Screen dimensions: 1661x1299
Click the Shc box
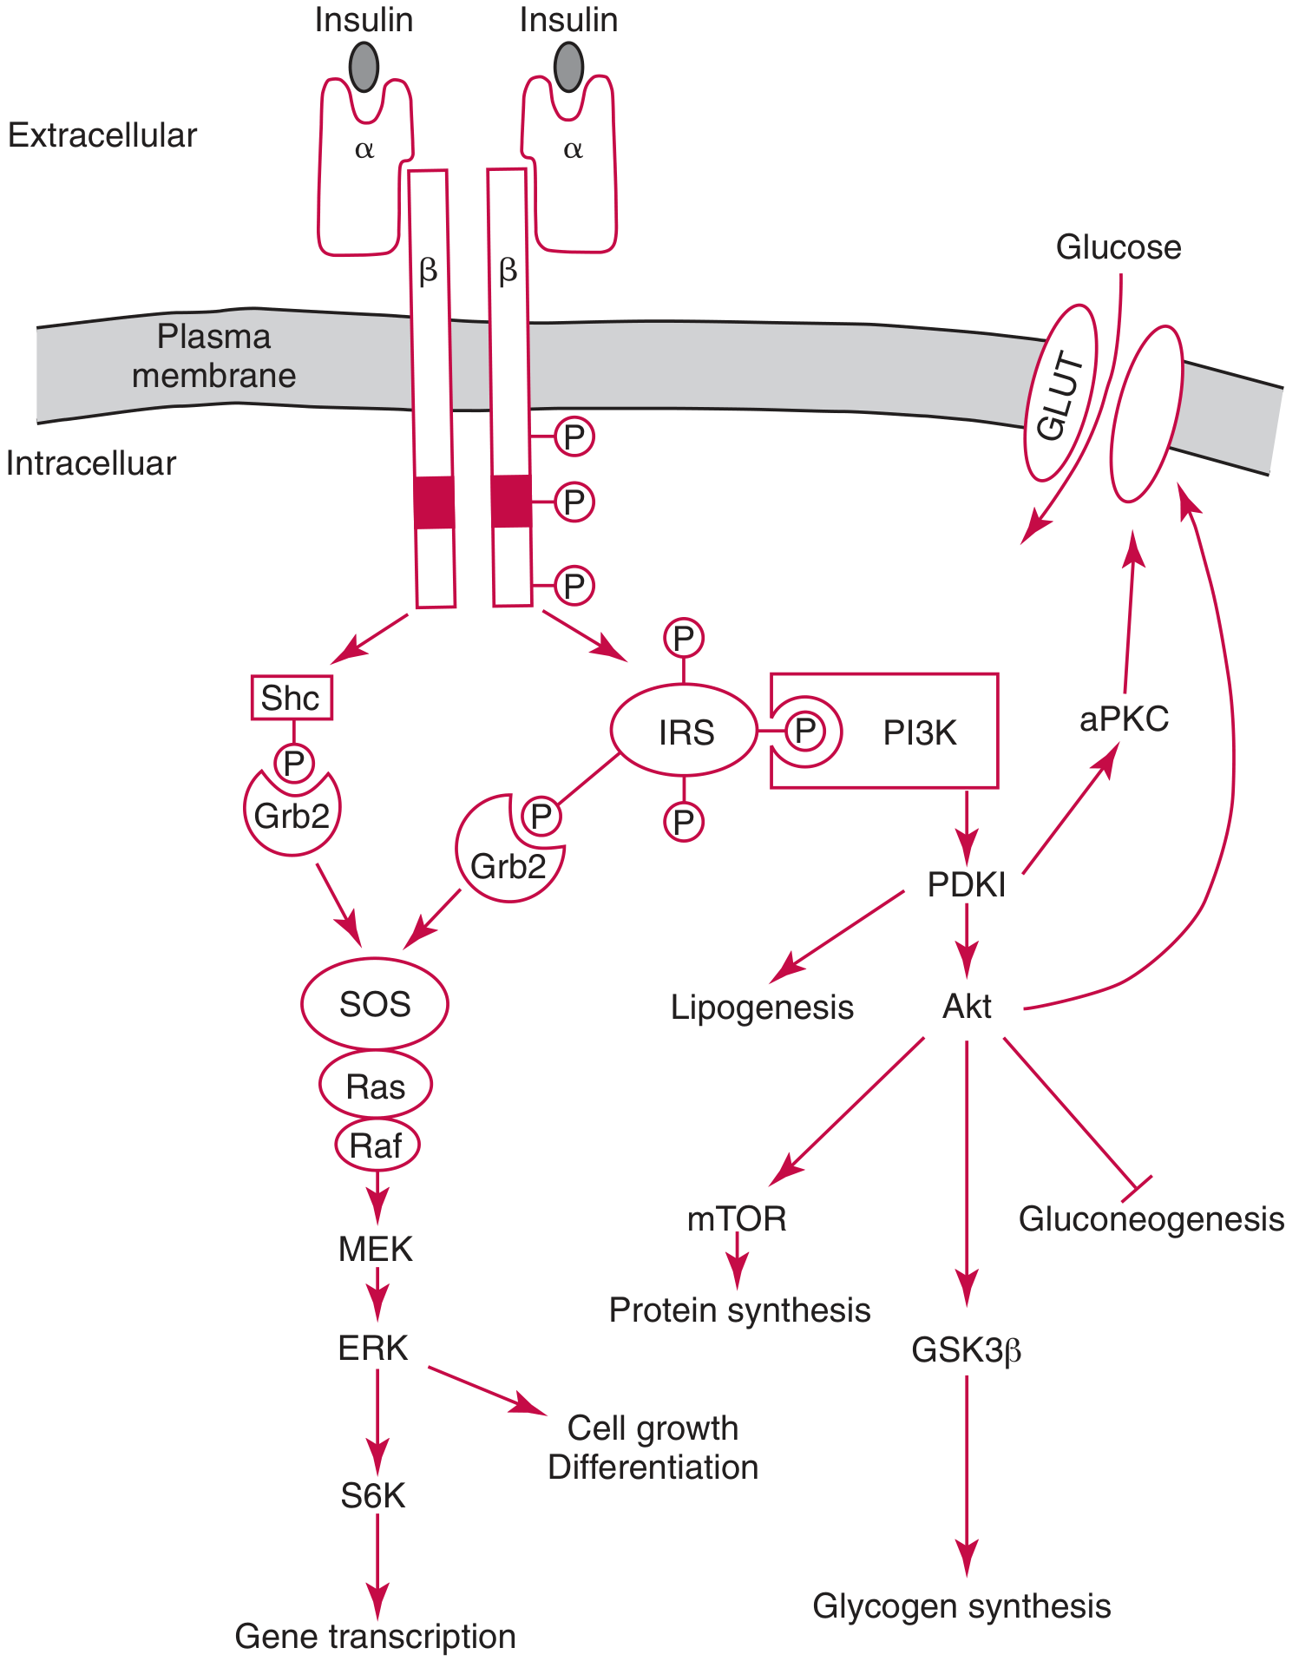pyautogui.click(x=292, y=698)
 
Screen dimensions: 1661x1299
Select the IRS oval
pyautogui.click(x=685, y=732)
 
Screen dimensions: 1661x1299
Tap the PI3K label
pyautogui.click(x=919, y=733)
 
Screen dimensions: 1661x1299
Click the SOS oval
pyautogui.click(x=374, y=1004)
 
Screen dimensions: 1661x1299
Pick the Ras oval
pyautogui.click(x=375, y=1086)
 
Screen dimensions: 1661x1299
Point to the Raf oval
pyautogui.click(x=376, y=1146)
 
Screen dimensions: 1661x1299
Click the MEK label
pyautogui.click(x=375, y=1249)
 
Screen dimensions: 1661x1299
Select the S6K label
pyautogui.click(x=373, y=1495)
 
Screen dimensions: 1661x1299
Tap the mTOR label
pyautogui.click(x=736, y=1218)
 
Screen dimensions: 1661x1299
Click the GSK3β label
pyautogui.click(x=966, y=1350)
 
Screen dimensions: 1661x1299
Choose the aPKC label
pyautogui.click(x=1124, y=719)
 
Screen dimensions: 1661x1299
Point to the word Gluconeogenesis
pyautogui.click(x=1151, y=1219)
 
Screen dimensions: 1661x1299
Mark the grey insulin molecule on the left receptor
pyautogui.click(x=364, y=66)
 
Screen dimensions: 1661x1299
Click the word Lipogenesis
pyautogui.click(x=762, y=1008)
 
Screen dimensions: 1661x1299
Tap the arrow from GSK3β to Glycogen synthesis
pyautogui.click(x=966, y=1475)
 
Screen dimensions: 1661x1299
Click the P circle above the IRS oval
pyautogui.click(x=684, y=639)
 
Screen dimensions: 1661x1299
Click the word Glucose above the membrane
pyautogui.click(x=1118, y=247)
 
